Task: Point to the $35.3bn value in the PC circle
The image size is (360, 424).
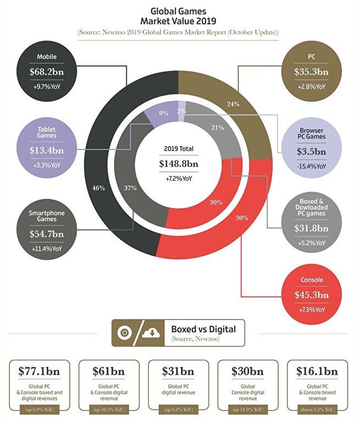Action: (311, 71)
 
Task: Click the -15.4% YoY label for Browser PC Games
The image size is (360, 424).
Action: (311, 165)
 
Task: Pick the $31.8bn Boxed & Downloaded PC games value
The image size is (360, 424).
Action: (311, 228)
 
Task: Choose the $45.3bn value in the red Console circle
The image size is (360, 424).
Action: (311, 295)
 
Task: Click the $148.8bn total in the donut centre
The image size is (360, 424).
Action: (179, 164)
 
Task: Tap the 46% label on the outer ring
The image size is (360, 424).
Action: (99, 188)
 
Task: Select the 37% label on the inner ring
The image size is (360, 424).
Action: (131, 188)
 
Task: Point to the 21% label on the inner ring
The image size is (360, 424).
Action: (216, 127)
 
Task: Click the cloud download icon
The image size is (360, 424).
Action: (151, 333)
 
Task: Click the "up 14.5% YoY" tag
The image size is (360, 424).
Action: (249, 410)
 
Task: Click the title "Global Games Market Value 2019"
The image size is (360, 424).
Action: (179, 15)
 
